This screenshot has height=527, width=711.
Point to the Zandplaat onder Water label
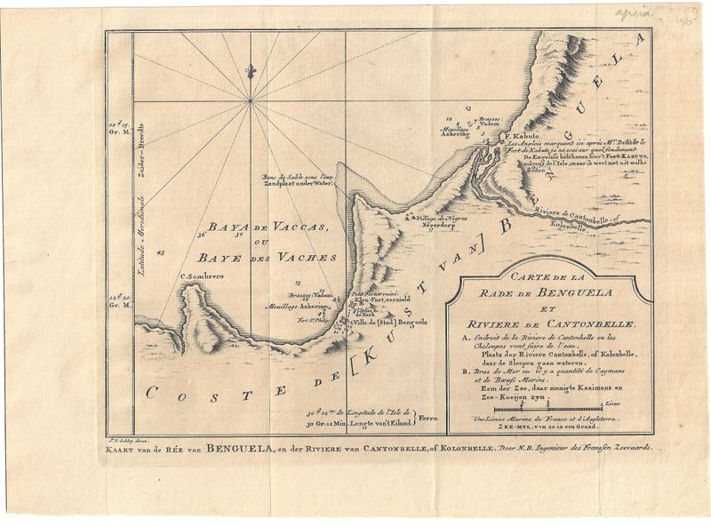[x=292, y=186]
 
